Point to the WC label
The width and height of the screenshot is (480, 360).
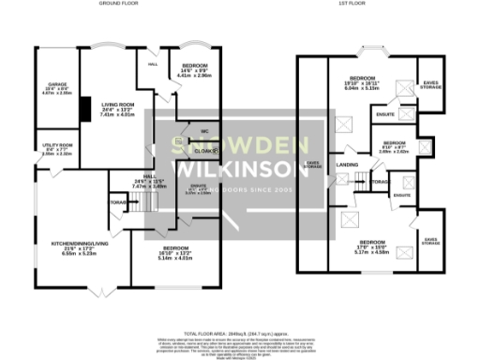pos(203,131)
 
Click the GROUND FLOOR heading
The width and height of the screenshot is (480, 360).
pos(113,5)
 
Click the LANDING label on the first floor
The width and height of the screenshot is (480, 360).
pos(348,166)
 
